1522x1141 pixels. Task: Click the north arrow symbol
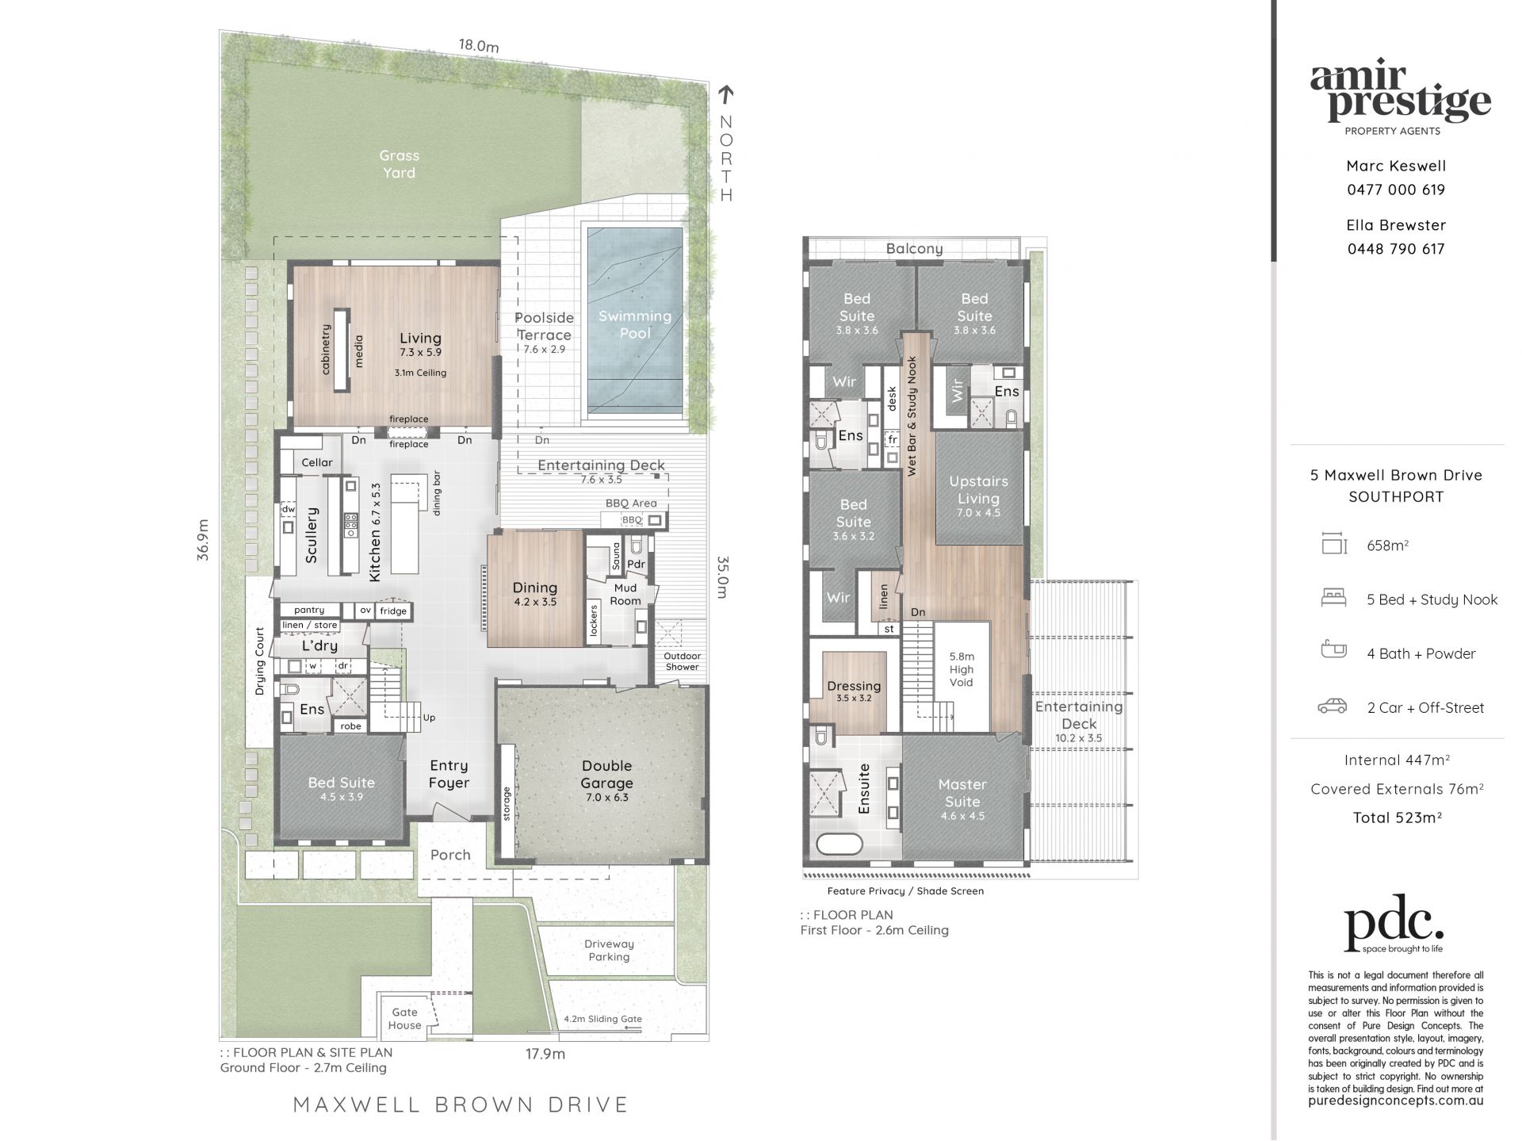tap(725, 94)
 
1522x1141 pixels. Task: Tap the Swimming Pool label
tap(635, 324)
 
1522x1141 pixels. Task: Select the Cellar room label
tap(317, 462)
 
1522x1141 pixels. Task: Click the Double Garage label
tap(606, 774)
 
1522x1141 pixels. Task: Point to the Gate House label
tap(404, 1018)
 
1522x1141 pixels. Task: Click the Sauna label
tap(616, 557)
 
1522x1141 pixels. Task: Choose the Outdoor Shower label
tap(682, 661)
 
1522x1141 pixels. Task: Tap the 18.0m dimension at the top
tap(479, 46)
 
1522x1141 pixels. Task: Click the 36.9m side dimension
tap(204, 540)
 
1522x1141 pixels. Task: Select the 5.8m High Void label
tap(962, 669)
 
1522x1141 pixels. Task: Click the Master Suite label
tap(962, 793)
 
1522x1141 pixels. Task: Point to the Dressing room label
tap(854, 686)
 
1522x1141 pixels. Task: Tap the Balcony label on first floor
tap(914, 248)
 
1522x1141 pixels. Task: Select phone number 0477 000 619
tap(1396, 190)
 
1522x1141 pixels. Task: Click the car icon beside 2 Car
tap(1333, 706)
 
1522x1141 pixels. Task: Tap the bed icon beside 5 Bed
tap(1333, 598)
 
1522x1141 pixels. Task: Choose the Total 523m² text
tap(1397, 817)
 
